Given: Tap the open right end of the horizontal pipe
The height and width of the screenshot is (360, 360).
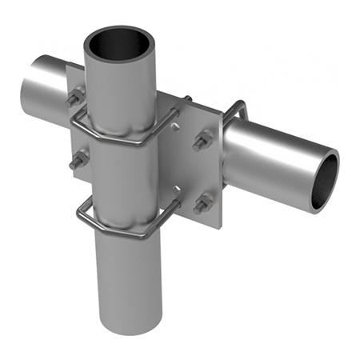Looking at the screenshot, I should pyautogui.click(x=324, y=181).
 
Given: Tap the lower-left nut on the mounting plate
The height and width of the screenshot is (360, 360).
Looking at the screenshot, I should pyautogui.click(x=78, y=161).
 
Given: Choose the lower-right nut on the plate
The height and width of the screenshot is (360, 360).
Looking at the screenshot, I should pyautogui.click(x=203, y=204).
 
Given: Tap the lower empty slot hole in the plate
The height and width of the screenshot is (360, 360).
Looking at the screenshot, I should pyautogui.click(x=178, y=190).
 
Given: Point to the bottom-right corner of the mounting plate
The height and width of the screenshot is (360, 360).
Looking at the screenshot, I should pyautogui.click(x=219, y=214).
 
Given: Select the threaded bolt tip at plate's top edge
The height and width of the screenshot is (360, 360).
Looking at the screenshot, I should pyautogui.click(x=189, y=99).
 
